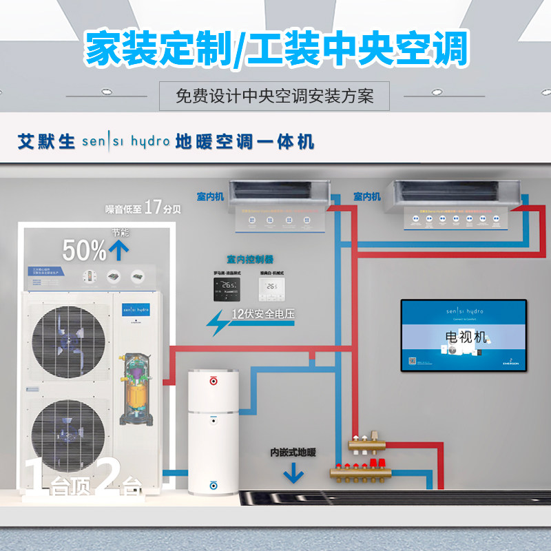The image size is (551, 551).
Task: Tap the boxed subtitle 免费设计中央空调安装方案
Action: pos(274,96)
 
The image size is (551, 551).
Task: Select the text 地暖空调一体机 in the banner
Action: pos(245,142)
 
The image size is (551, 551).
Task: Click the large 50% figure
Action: pos(85,251)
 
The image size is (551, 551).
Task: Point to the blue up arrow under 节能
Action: pos(120,249)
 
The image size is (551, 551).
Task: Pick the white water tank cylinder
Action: pos(214,432)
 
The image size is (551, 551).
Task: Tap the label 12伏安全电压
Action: pos(262,315)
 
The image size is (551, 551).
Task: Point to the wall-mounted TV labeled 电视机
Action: pos(464,335)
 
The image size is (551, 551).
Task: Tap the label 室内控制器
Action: pos(249,260)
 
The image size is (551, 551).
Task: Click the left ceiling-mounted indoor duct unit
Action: pos(279,187)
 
